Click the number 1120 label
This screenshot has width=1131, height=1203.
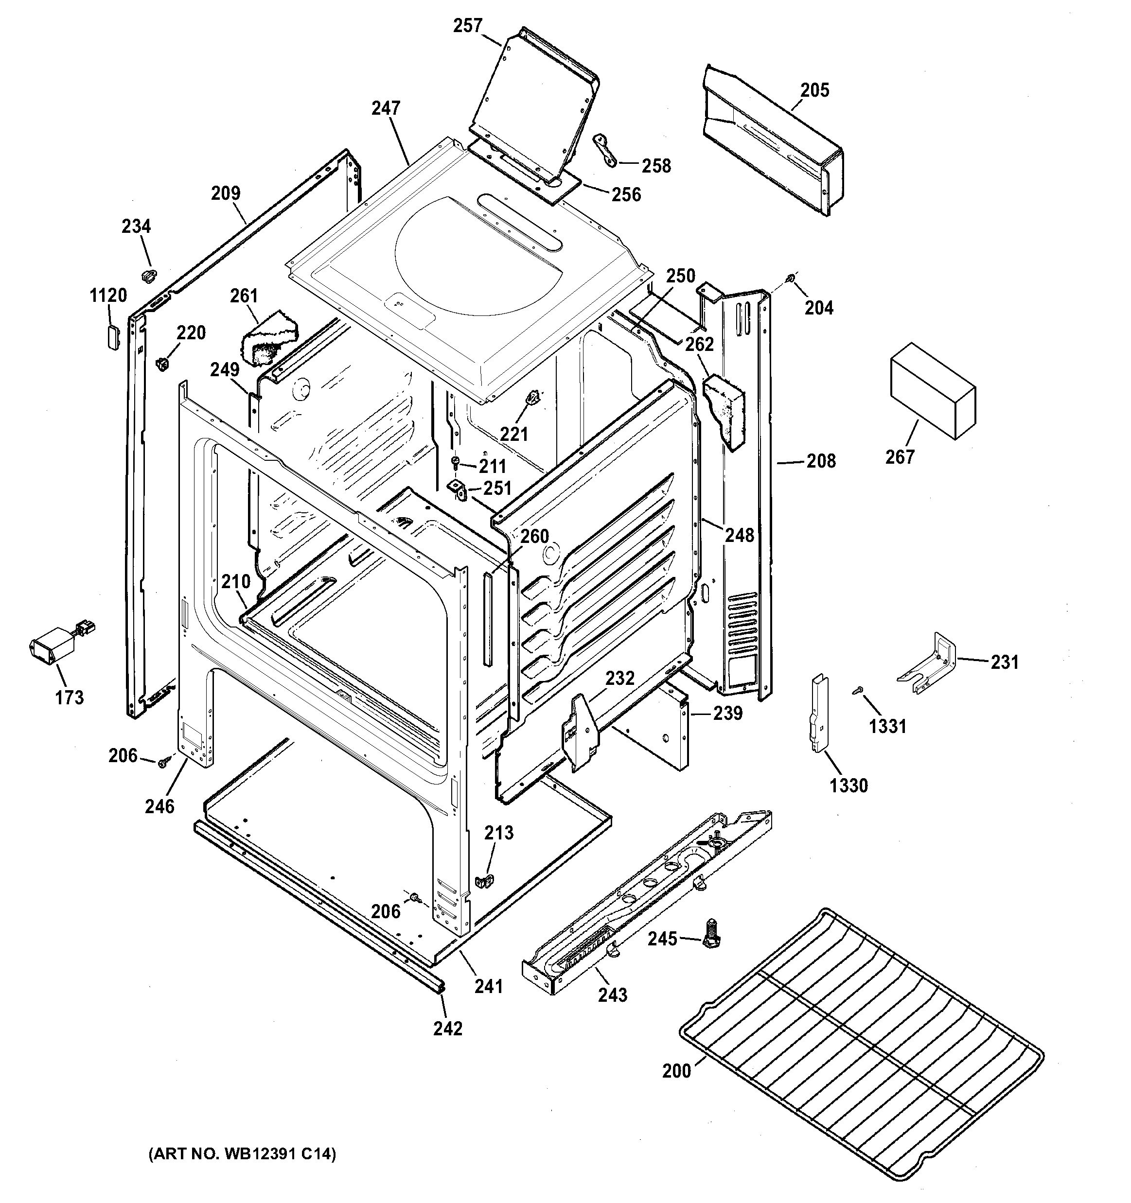click(108, 296)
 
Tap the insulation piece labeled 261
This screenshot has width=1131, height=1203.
click(266, 338)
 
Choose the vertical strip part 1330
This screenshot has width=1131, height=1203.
click(820, 714)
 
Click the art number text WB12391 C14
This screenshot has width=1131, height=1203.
click(242, 1154)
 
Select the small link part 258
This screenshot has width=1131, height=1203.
click(605, 150)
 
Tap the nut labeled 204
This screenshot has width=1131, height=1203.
click(790, 279)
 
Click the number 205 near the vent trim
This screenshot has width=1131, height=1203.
click(814, 90)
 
